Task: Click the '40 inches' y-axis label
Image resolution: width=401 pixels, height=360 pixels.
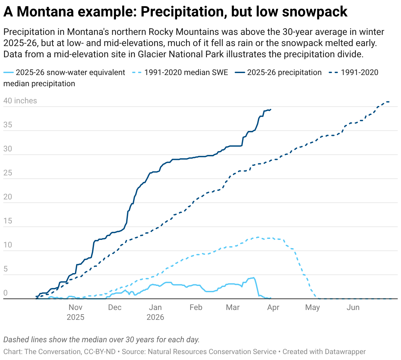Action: [x=20, y=101]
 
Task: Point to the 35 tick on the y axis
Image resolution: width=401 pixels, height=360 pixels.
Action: [x=8, y=125]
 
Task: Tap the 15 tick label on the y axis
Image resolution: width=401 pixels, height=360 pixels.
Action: [x=8, y=221]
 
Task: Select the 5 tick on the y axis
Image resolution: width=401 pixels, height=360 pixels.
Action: [x=6, y=269]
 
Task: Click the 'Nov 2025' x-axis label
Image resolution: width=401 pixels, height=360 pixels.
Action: [x=75, y=312]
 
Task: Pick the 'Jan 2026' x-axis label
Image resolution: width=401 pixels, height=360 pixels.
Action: [x=155, y=312]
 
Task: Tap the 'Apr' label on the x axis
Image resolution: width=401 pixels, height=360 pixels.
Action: [x=273, y=307]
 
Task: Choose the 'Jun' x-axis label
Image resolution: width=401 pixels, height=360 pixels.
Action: [x=353, y=307]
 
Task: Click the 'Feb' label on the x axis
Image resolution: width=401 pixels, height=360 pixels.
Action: [x=196, y=307]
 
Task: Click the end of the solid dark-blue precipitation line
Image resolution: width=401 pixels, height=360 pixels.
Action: [x=271, y=110]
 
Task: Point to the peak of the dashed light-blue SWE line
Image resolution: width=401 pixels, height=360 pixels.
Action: [x=258, y=237]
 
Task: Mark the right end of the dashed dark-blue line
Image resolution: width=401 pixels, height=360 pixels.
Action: [x=389, y=102]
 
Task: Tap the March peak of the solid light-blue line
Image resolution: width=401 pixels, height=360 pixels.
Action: [x=253, y=278]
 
